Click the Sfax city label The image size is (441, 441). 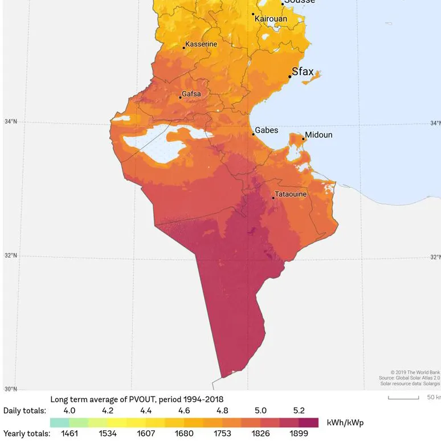click(x=303, y=72)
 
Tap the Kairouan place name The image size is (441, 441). click(x=271, y=19)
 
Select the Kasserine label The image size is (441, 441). click(x=202, y=44)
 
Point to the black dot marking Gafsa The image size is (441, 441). click(x=181, y=97)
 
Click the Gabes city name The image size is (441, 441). click(x=266, y=130)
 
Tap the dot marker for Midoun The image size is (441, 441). click(x=304, y=138)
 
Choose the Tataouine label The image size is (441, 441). click(x=291, y=194)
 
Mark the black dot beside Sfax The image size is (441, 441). click(x=289, y=76)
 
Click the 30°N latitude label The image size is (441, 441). click(x=10, y=389)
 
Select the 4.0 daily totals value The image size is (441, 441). click(x=69, y=410)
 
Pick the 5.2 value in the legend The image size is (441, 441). click(x=299, y=410)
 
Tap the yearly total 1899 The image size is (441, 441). click(x=299, y=434)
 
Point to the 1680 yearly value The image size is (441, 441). click(x=183, y=434)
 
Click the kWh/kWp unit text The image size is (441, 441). click(x=345, y=422)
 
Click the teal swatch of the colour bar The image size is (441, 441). click(x=59, y=422)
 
